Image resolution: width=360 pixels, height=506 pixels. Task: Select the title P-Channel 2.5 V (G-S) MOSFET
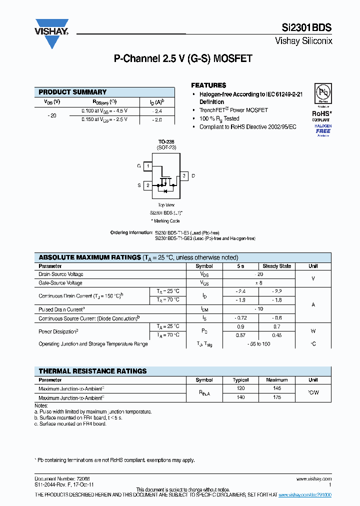(x=183, y=58)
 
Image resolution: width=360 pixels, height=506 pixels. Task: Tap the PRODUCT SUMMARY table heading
(x=72, y=92)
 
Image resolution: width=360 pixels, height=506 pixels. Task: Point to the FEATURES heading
(x=208, y=85)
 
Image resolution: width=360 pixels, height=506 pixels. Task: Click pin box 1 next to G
(x=148, y=166)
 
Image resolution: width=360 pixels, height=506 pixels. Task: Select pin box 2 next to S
(x=148, y=185)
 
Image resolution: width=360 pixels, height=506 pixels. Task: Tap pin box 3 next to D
(x=184, y=175)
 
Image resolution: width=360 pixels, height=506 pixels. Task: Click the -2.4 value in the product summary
(x=157, y=111)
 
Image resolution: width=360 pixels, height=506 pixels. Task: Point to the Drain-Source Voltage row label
(x=61, y=274)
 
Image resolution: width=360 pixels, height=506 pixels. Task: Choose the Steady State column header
(x=277, y=266)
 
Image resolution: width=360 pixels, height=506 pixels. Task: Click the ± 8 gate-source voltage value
(x=258, y=283)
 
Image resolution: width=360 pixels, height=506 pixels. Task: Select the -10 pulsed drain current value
(x=258, y=309)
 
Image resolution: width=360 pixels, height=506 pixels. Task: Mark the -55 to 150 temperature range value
(x=258, y=344)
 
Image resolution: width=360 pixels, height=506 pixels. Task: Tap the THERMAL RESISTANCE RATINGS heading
(x=92, y=371)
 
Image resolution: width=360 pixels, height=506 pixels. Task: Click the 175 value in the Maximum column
(x=277, y=397)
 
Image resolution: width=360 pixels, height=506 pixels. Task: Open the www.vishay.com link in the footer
(x=314, y=479)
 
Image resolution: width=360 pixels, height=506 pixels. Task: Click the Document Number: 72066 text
(x=59, y=479)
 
